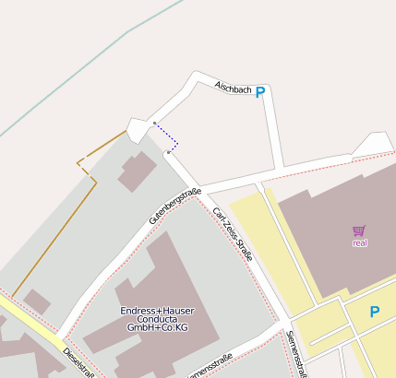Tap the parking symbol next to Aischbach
point(260,92)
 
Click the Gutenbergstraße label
point(174,207)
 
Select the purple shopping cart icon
point(359,230)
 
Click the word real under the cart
point(360,243)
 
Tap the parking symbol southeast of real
point(374,312)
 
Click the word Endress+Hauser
point(157,311)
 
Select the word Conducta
point(157,320)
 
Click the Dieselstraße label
point(78,360)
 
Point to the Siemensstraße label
point(296,354)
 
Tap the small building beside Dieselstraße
point(37,301)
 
